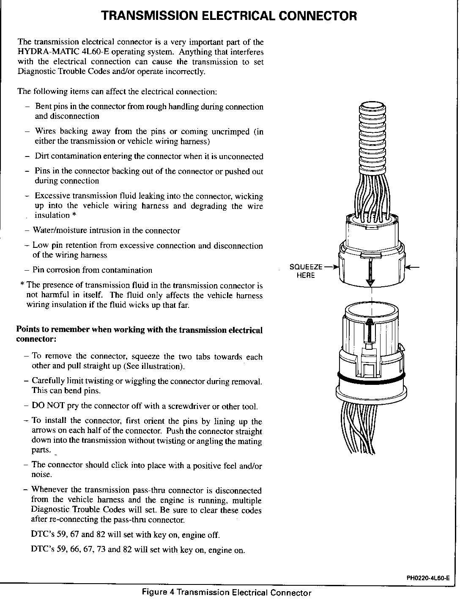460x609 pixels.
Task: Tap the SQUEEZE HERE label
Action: (306, 271)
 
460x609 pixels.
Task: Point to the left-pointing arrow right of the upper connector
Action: (413, 267)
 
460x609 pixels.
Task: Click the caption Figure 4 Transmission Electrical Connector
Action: (227, 593)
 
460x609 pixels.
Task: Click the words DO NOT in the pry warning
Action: (48, 406)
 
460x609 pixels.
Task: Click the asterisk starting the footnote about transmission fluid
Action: (22, 285)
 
